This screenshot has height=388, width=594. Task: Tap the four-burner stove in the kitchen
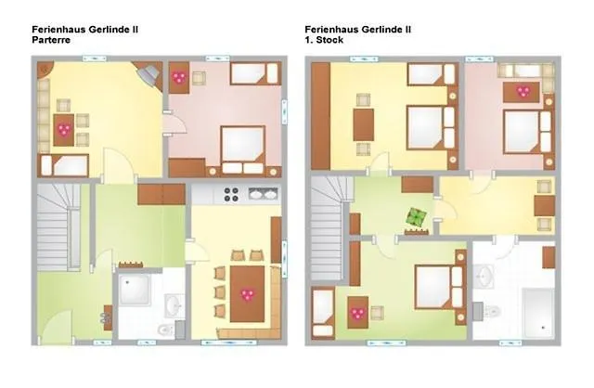tap(232, 194)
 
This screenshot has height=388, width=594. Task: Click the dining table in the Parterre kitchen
tap(247, 293)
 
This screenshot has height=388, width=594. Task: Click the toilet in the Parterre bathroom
tap(165, 330)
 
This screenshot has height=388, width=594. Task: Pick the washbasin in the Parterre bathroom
tap(173, 304)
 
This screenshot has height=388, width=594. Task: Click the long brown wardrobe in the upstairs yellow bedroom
tap(320, 116)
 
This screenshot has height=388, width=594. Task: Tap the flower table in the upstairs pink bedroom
tap(523, 91)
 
